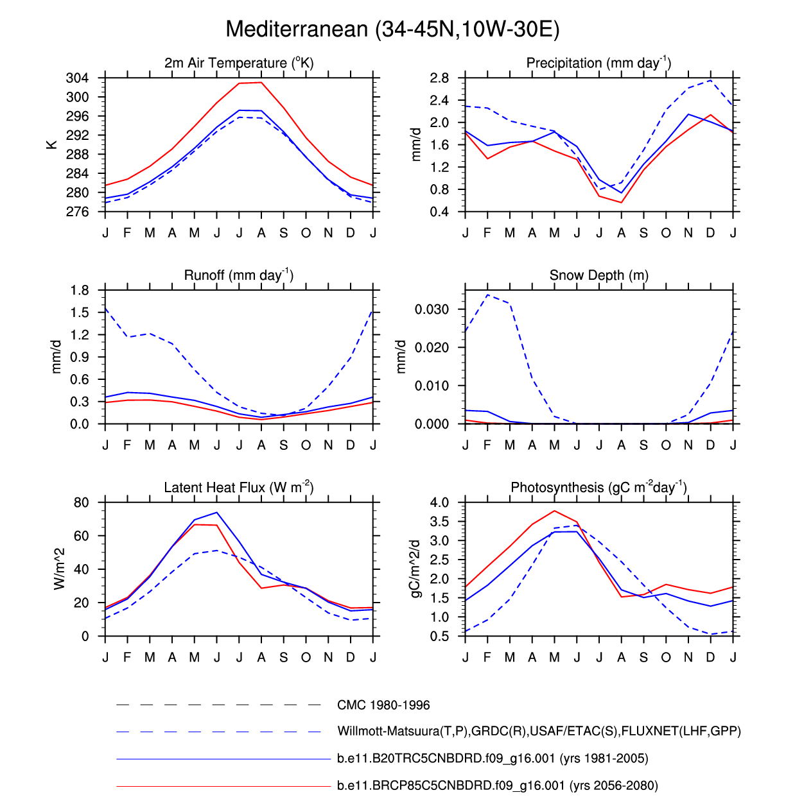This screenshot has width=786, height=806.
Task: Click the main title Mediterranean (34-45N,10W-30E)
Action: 392,30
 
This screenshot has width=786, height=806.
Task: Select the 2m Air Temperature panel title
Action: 239,63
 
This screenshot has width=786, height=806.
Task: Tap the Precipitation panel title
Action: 598,63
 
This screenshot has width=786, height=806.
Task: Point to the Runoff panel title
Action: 239,275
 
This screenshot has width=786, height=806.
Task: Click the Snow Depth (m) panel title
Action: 598,275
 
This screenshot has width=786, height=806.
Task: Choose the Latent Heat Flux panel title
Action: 239,488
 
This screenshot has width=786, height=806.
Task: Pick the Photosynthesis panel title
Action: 598,488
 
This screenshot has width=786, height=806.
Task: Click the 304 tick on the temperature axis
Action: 77,78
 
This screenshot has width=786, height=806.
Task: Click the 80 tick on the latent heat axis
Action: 81,502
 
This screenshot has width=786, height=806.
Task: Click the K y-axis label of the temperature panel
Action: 52,145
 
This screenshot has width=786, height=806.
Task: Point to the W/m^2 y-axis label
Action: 59,569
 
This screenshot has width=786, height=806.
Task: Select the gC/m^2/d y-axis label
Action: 415,569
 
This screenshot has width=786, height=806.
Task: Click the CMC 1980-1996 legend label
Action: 383,705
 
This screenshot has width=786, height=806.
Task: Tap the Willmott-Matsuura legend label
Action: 539,732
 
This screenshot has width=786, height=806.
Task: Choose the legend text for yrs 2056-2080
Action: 497,785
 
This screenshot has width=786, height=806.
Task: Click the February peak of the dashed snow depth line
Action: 488,295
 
